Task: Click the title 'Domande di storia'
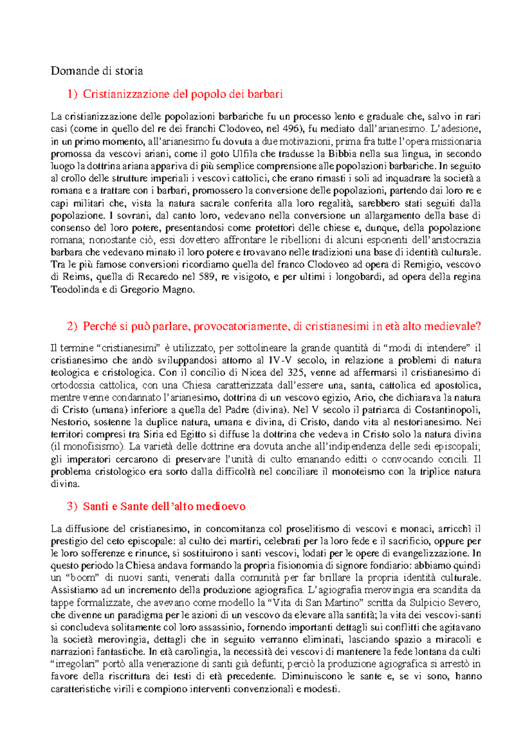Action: pyautogui.click(x=97, y=70)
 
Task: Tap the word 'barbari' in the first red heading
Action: pyautogui.click(x=265, y=94)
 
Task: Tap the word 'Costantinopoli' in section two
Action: pyautogui.click(x=451, y=409)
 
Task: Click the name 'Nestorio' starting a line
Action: pyautogui.click(x=69, y=422)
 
